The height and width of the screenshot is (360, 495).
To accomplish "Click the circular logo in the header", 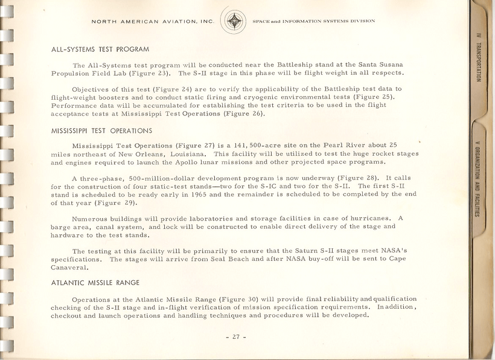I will click(233, 21).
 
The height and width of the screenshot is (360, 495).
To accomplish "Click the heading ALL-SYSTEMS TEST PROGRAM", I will click(100, 49).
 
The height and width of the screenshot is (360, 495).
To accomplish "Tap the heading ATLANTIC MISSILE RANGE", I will click(95, 282).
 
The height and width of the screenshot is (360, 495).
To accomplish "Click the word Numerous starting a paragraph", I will click(91, 218).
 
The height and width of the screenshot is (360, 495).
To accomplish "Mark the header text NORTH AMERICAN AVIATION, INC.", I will click(152, 21).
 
